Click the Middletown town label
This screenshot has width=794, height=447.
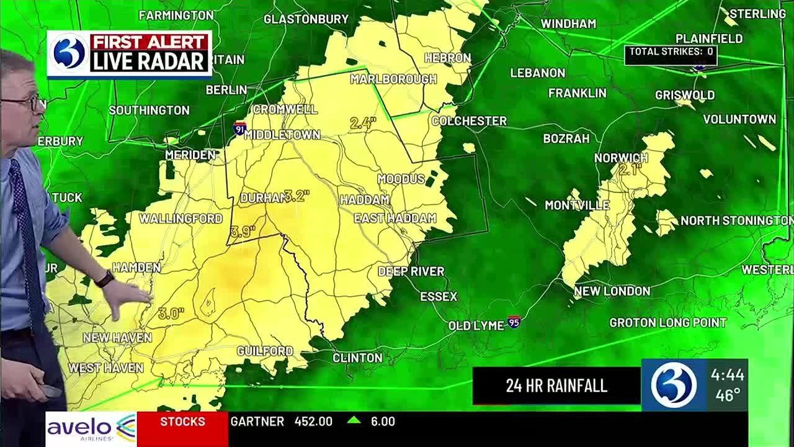point(282,135)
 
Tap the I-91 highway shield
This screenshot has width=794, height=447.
point(239,129)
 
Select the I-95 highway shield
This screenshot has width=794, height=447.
point(514,322)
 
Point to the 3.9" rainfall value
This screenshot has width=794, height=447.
point(243,232)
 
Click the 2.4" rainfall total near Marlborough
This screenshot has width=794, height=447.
point(363,123)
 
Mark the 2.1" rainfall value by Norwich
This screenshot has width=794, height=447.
point(630,169)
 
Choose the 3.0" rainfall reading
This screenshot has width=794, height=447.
point(171,314)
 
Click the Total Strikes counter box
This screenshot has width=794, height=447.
point(671,53)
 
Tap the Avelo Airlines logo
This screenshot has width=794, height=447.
point(91,428)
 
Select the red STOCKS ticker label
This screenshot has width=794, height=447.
point(182,422)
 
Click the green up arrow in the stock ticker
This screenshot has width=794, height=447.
point(354,420)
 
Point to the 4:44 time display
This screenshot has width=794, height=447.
point(727,375)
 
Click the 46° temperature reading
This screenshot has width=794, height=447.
point(727,395)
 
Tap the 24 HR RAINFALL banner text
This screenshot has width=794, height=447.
point(556,386)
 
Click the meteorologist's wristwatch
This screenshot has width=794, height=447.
point(104,279)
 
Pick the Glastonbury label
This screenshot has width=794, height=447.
point(306,19)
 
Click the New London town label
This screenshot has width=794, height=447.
point(612,291)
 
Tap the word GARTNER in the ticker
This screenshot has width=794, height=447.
point(257,422)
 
